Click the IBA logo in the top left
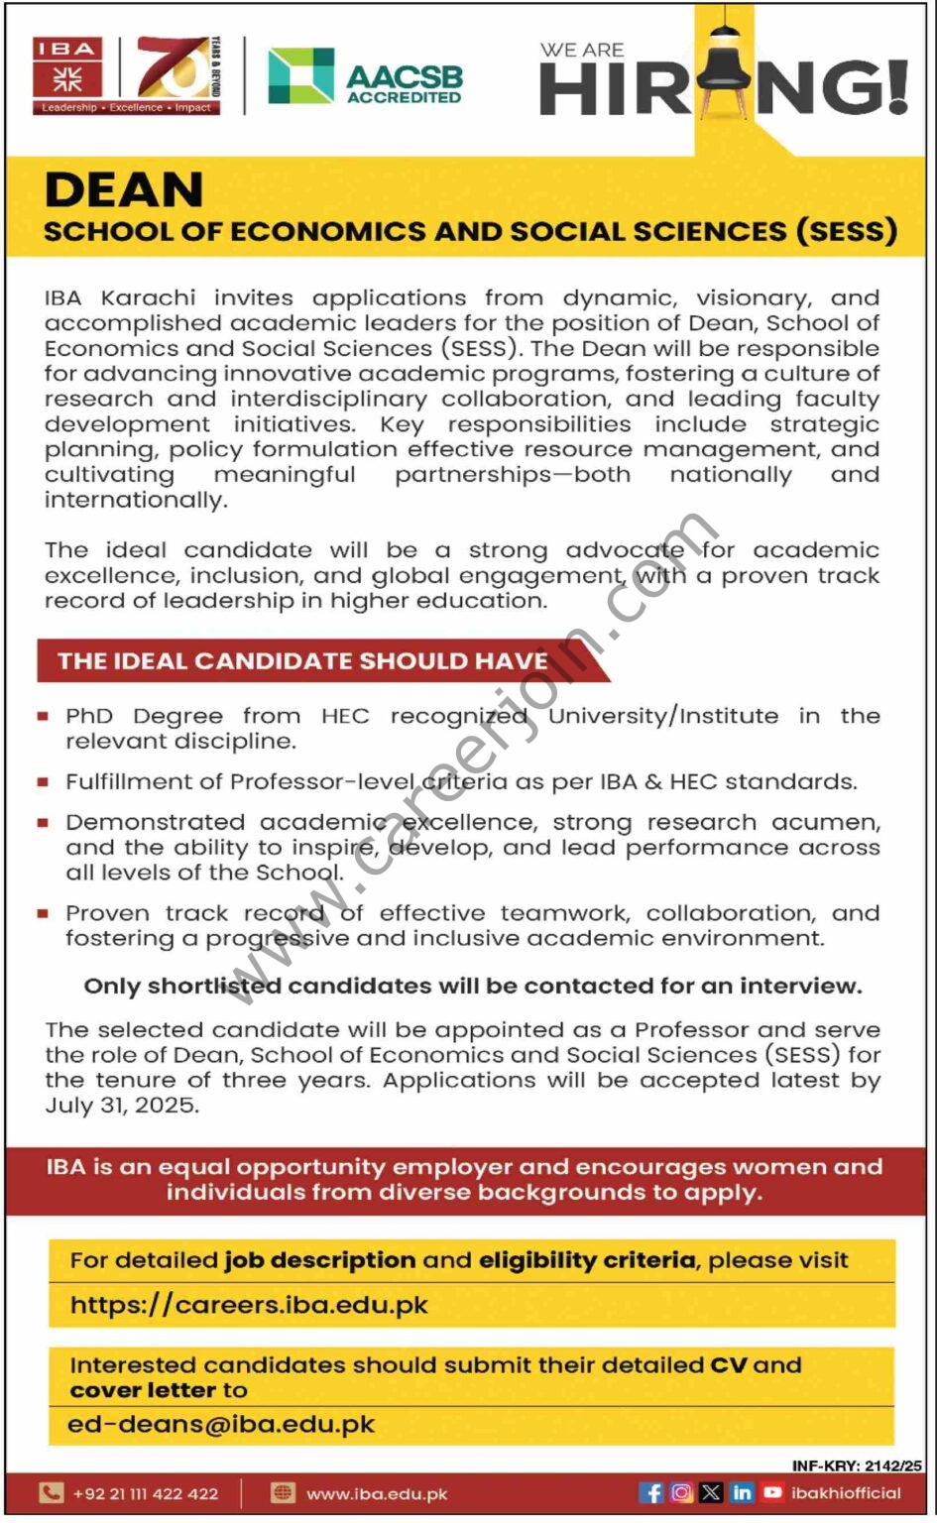pos(68,75)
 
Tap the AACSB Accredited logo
pos(365,77)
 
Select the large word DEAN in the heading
pos(124,189)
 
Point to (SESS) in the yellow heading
pos(847,231)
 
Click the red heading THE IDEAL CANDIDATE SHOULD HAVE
pos(302,661)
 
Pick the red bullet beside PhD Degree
pos(43,716)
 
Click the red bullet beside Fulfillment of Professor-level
pos(43,782)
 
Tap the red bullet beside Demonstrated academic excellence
pos(43,823)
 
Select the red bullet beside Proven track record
pos(43,913)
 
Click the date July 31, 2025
pos(122,1106)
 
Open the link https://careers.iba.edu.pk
pos(249,1305)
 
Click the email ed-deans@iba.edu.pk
pos(221,1425)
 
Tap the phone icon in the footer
pos(51,1493)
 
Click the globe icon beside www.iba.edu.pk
pos(284,1493)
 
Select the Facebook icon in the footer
pos(651,1492)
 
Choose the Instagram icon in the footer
pos(681,1492)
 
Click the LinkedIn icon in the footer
pos(742,1492)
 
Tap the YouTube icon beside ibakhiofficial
pos(772,1492)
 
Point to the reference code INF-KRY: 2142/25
pos(857,1465)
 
